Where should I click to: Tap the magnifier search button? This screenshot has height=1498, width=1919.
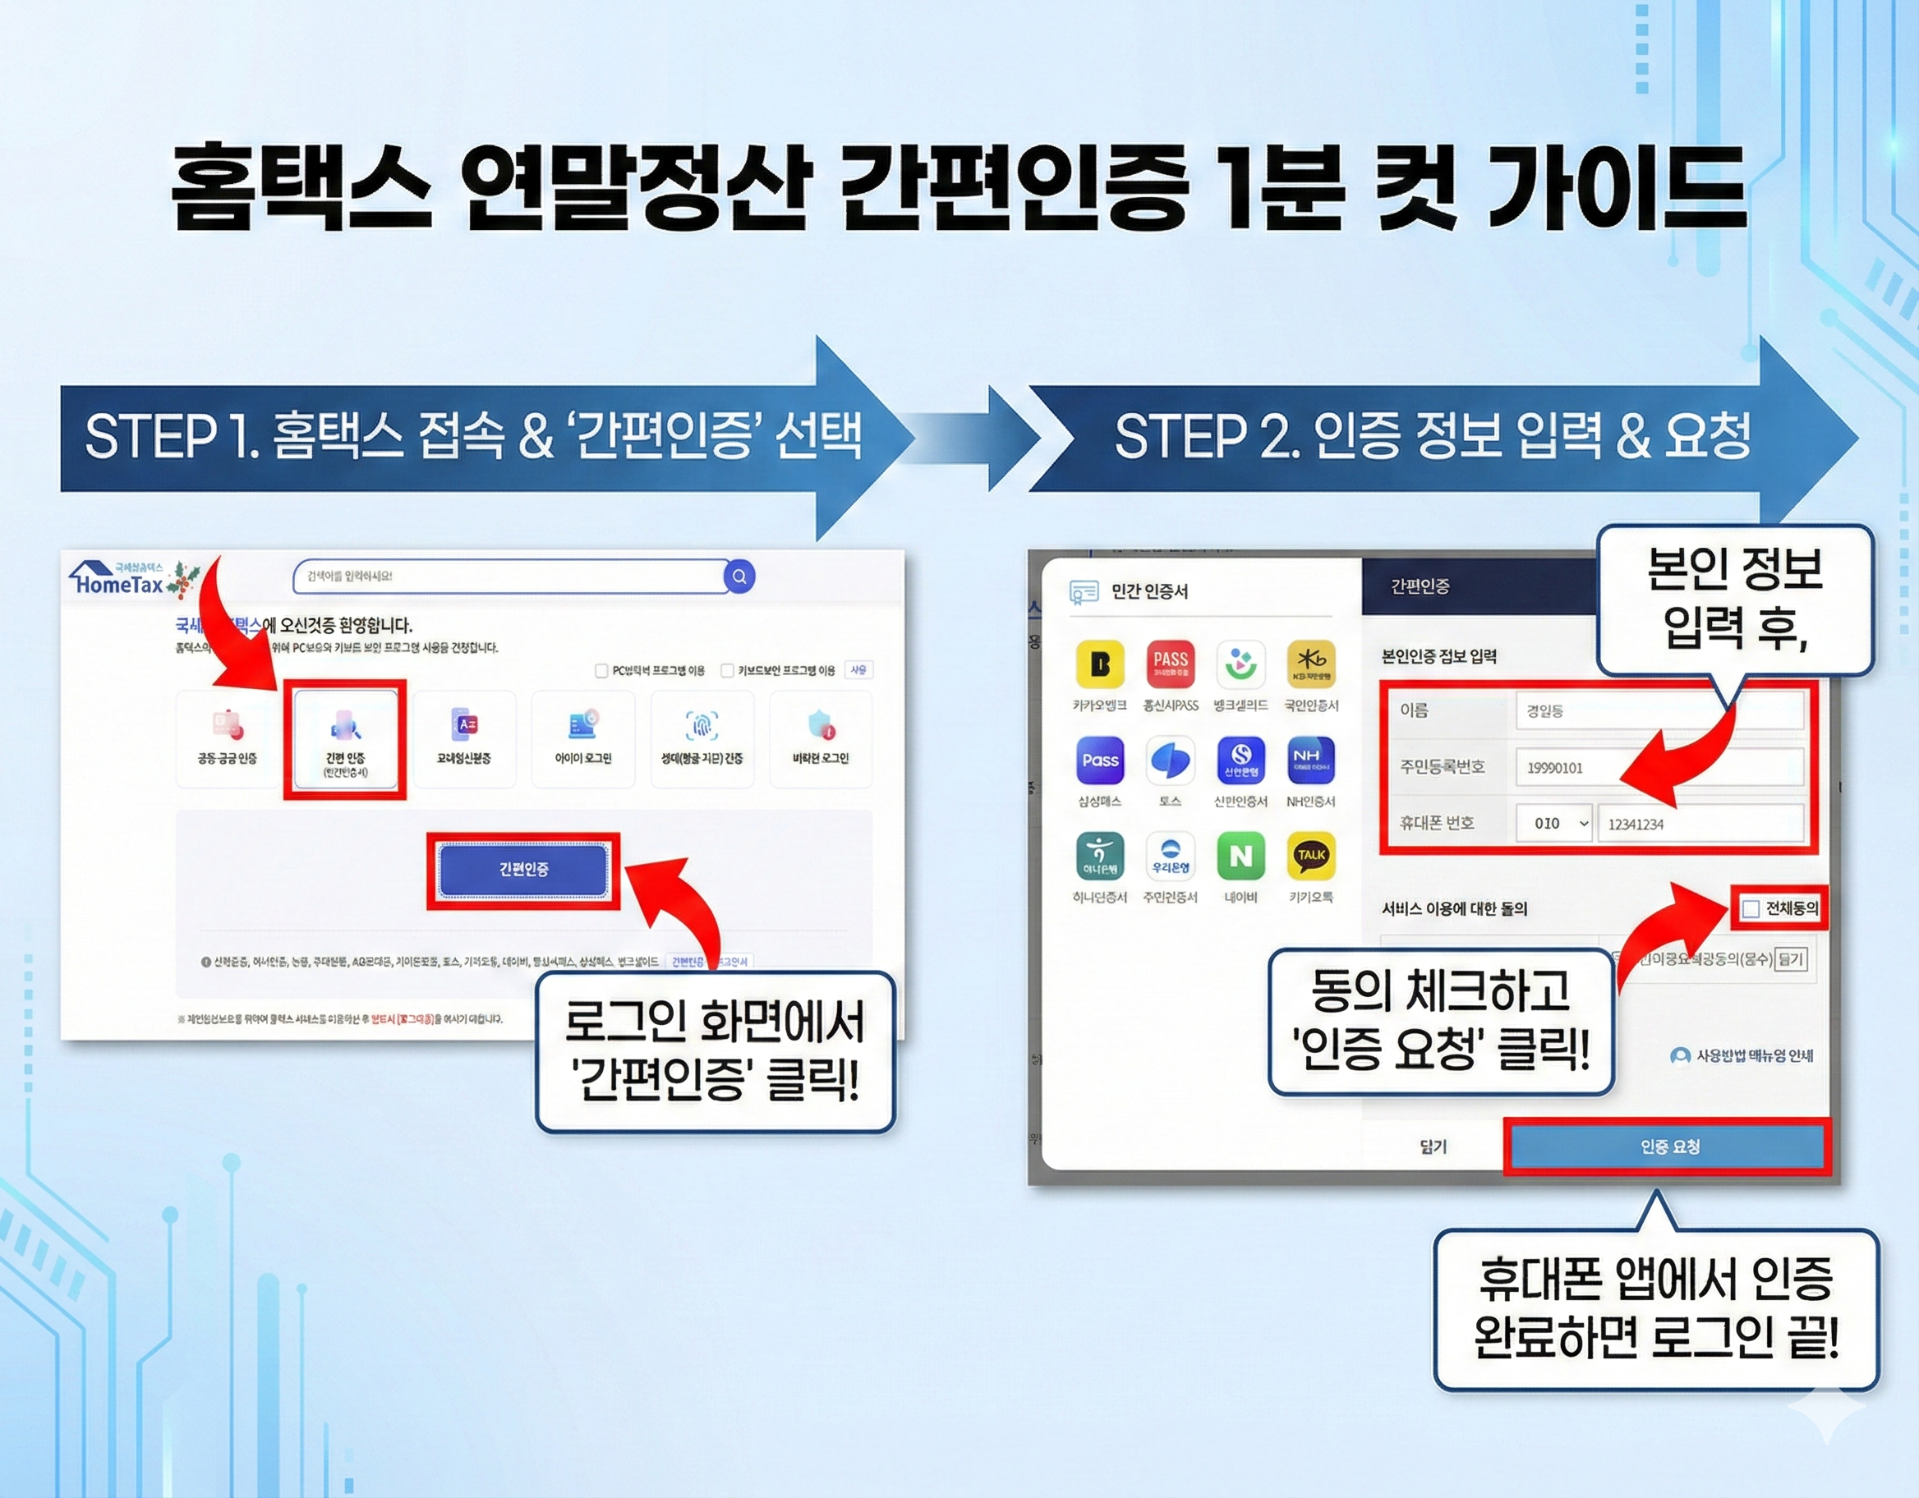(x=739, y=577)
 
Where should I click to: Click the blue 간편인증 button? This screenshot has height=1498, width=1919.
(x=523, y=870)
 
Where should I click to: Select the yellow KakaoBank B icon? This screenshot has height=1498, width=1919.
(x=1099, y=664)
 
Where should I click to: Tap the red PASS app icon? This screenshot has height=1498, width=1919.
(x=1171, y=664)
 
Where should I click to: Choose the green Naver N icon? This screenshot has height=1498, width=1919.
(x=1240, y=856)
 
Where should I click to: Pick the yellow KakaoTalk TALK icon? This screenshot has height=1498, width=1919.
(x=1311, y=856)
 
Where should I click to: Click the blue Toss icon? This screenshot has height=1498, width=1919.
(x=1171, y=760)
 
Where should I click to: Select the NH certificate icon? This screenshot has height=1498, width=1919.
(x=1311, y=760)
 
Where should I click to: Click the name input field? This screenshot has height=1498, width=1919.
(x=1659, y=710)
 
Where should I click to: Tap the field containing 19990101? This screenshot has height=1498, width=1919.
(x=1659, y=768)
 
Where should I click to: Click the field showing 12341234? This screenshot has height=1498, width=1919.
(x=1700, y=824)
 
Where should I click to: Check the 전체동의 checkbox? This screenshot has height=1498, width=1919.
(x=1751, y=909)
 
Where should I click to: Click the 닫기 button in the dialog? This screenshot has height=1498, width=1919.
(x=1433, y=1146)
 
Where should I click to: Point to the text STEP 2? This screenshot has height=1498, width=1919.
(x=1204, y=436)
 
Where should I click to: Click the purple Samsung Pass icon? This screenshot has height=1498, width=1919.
(x=1099, y=760)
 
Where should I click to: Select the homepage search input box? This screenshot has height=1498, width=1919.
(x=509, y=577)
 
